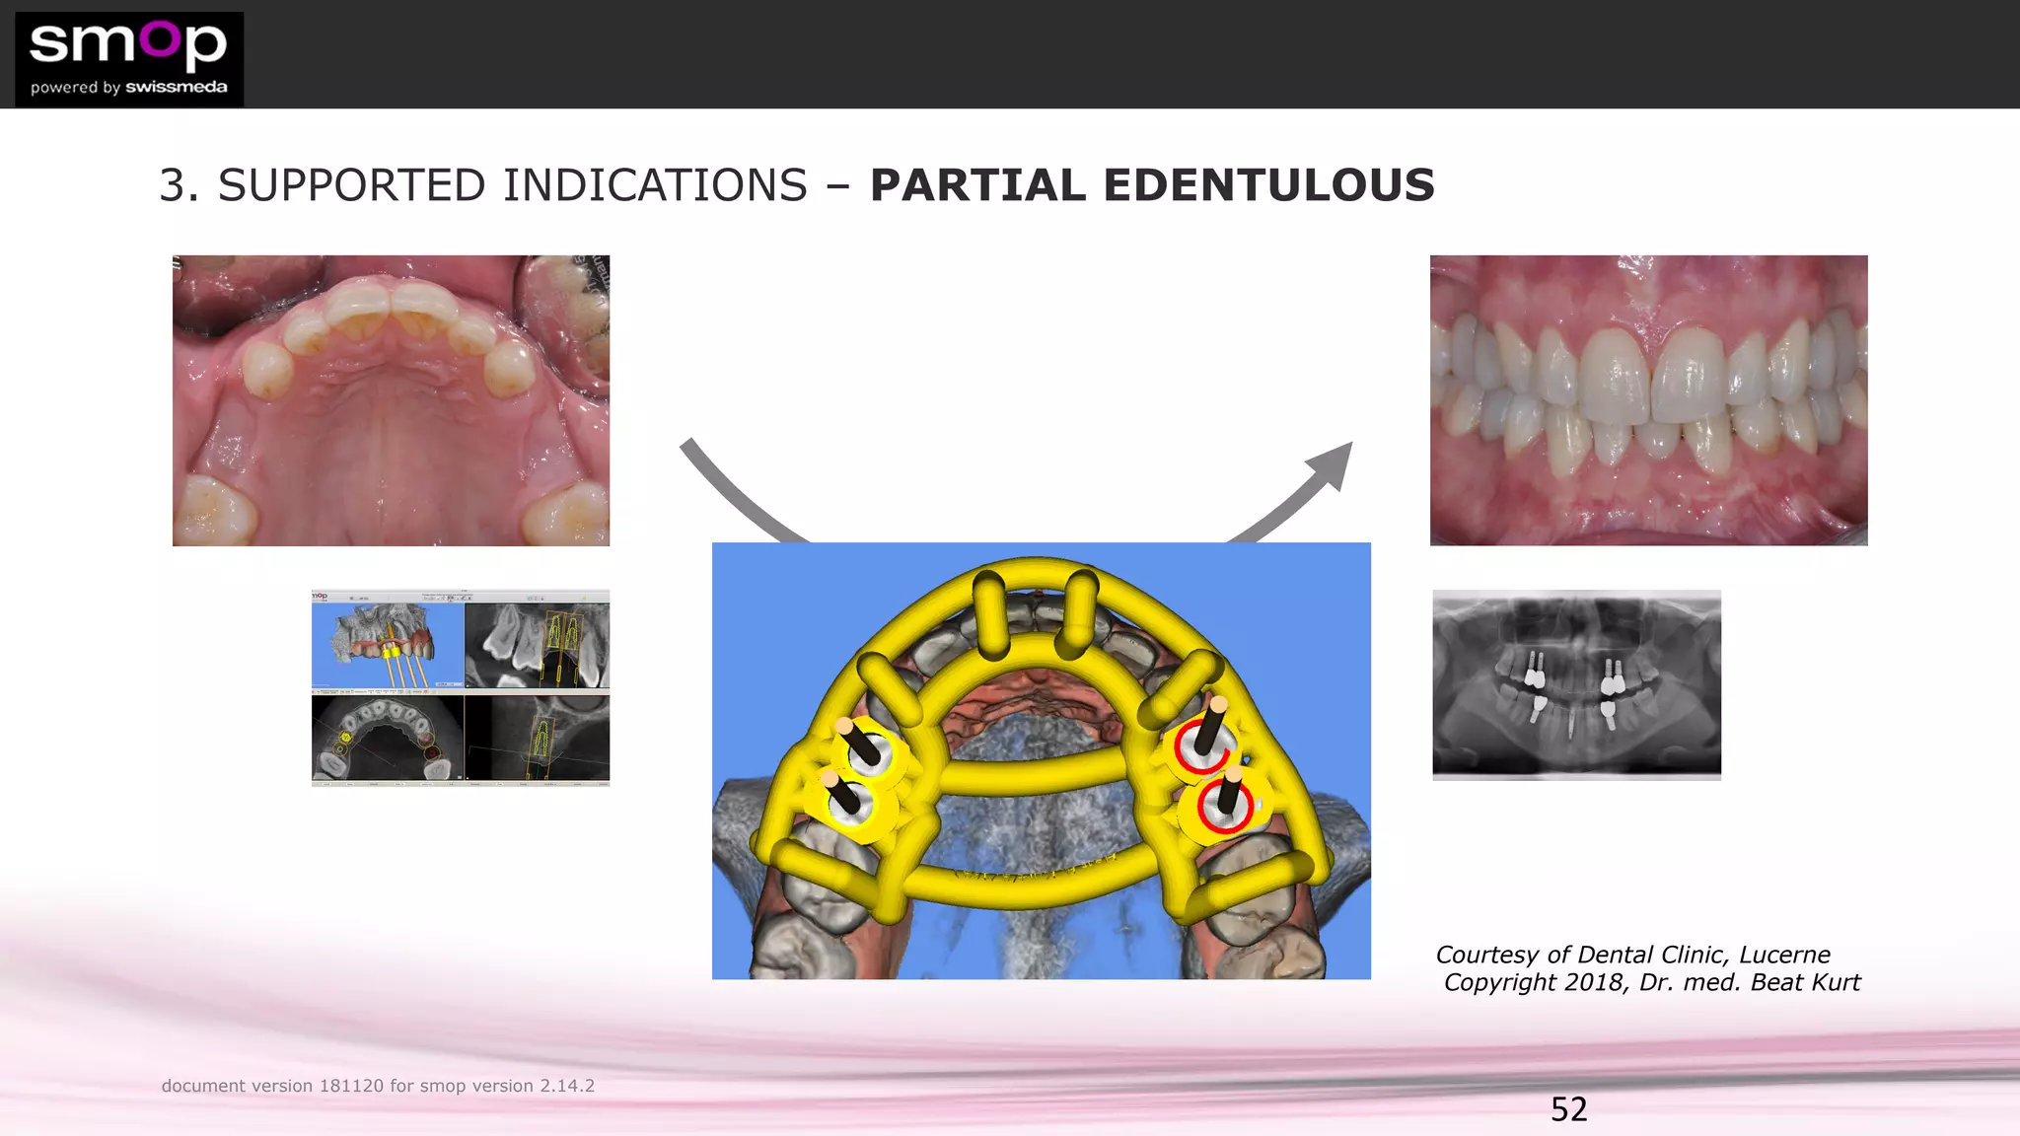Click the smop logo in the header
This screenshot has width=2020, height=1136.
pyautogui.click(x=128, y=58)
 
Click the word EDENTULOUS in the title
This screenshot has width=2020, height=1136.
pyautogui.click(x=1268, y=185)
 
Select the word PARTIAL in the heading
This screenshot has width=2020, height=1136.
pyautogui.click(x=977, y=185)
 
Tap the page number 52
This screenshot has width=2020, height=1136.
pyautogui.click(x=1568, y=1109)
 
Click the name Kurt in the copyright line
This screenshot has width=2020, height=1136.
pyautogui.click(x=1835, y=982)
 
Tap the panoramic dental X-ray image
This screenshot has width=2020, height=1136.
pyautogui.click(x=1576, y=684)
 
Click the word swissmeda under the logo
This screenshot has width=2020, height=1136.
pyautogui.click(x=177, y=87)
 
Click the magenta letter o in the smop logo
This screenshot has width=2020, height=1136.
pyautogui.click(x=161, y=38)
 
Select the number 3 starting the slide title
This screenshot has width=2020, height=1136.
pyautogui.click(x=173, y=185)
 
